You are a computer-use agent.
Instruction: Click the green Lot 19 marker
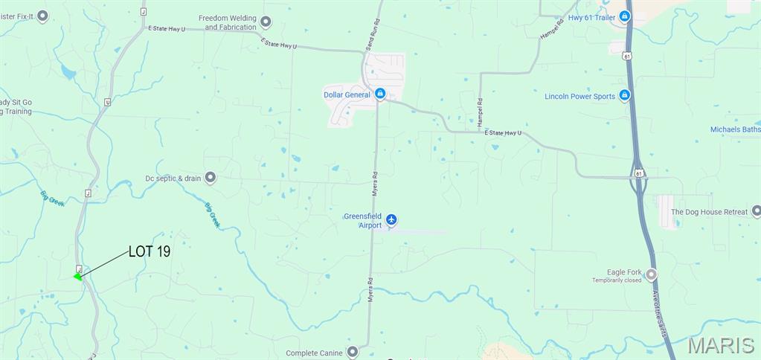coord(78,277)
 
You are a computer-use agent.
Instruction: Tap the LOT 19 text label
coord(150,251)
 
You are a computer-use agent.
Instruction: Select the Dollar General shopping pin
coord(380,94)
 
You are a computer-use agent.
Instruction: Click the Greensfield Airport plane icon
coord(391,220)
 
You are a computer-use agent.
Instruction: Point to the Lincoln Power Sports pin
coord(625,95)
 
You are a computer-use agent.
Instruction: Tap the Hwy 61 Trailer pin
coord(625,16)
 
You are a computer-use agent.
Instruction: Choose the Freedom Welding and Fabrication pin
coord(266,22)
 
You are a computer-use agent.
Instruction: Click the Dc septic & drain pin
coord(211,177)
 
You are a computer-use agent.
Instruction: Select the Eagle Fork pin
coord(652,274)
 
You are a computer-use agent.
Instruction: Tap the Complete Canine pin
coord(353,352)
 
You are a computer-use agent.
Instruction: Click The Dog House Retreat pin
coord(756,211)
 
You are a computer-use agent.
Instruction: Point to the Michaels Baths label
coord(735,129)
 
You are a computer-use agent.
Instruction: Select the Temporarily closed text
coord(617,280)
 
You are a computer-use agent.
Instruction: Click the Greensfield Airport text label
coord(362,221)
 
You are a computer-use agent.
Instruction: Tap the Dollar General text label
coord(347,94)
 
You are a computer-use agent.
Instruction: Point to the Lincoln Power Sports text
coord(579,97)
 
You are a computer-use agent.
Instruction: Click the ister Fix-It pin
coord(42,15)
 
